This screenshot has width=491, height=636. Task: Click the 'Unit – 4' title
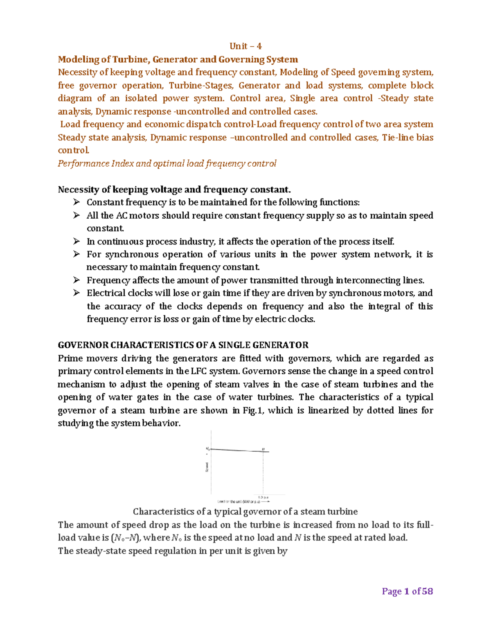245,46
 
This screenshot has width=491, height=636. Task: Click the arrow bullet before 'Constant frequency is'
77,202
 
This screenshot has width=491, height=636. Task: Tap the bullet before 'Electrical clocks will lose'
77,293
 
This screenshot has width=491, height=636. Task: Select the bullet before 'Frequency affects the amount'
77,280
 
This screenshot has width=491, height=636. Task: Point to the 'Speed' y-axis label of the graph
207,467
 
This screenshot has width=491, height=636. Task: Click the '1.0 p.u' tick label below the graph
263,497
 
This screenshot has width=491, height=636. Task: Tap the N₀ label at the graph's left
207,449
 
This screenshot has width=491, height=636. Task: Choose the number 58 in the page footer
427,591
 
